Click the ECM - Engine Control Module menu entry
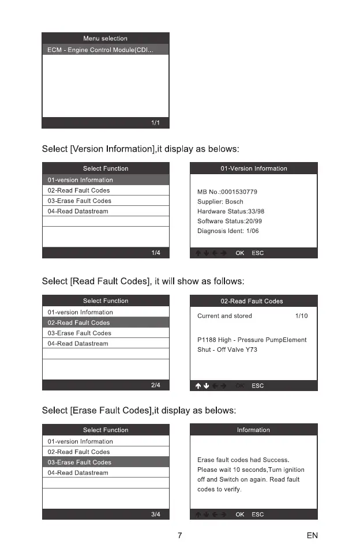coord(101,50)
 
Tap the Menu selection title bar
coord(106,39)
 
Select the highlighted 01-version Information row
coord(106,180)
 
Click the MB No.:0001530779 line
coord(227,191)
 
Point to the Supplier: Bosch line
coord(220,202)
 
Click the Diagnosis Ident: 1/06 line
coord(228,231)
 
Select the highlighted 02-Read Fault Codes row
coord(106,323)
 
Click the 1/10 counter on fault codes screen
coord(301,316)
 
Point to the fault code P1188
coord(207,340)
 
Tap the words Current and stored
coord(224,316)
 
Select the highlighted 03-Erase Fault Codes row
coord(106,463)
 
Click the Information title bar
coord(253,430)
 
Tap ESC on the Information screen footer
coord(258,514)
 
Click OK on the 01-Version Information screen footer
coord(240,253)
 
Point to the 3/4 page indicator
coord(156,514)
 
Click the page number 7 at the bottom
coord(180,536)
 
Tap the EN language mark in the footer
coord(312,536)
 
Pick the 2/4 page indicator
coord(156,385)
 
